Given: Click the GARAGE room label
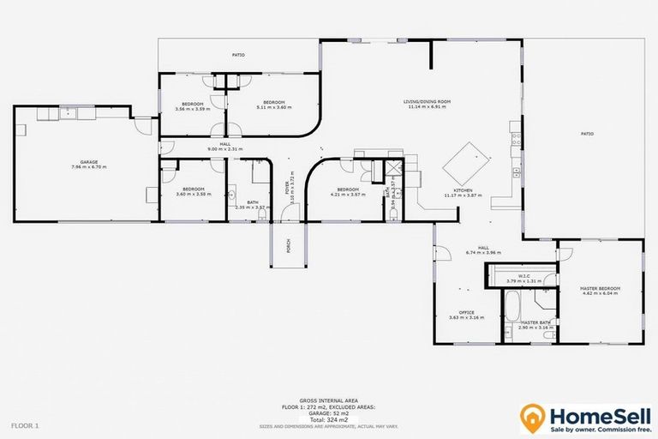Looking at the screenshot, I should [83, 161].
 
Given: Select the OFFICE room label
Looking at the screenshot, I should [466, 312].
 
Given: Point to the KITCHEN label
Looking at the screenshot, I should [463, 190].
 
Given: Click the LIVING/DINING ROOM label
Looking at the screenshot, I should [428, 102].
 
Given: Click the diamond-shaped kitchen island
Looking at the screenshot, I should [470, 158].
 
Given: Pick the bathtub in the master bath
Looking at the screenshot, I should [510, 305].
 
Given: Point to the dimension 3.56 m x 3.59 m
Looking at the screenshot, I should [192, 109].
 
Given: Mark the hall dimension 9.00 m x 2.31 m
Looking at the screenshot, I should [225, 149].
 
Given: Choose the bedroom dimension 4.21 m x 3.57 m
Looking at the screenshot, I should [347, 195].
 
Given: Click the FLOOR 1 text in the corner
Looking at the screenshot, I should [24, 424].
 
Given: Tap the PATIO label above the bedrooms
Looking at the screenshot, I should [238, 55].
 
